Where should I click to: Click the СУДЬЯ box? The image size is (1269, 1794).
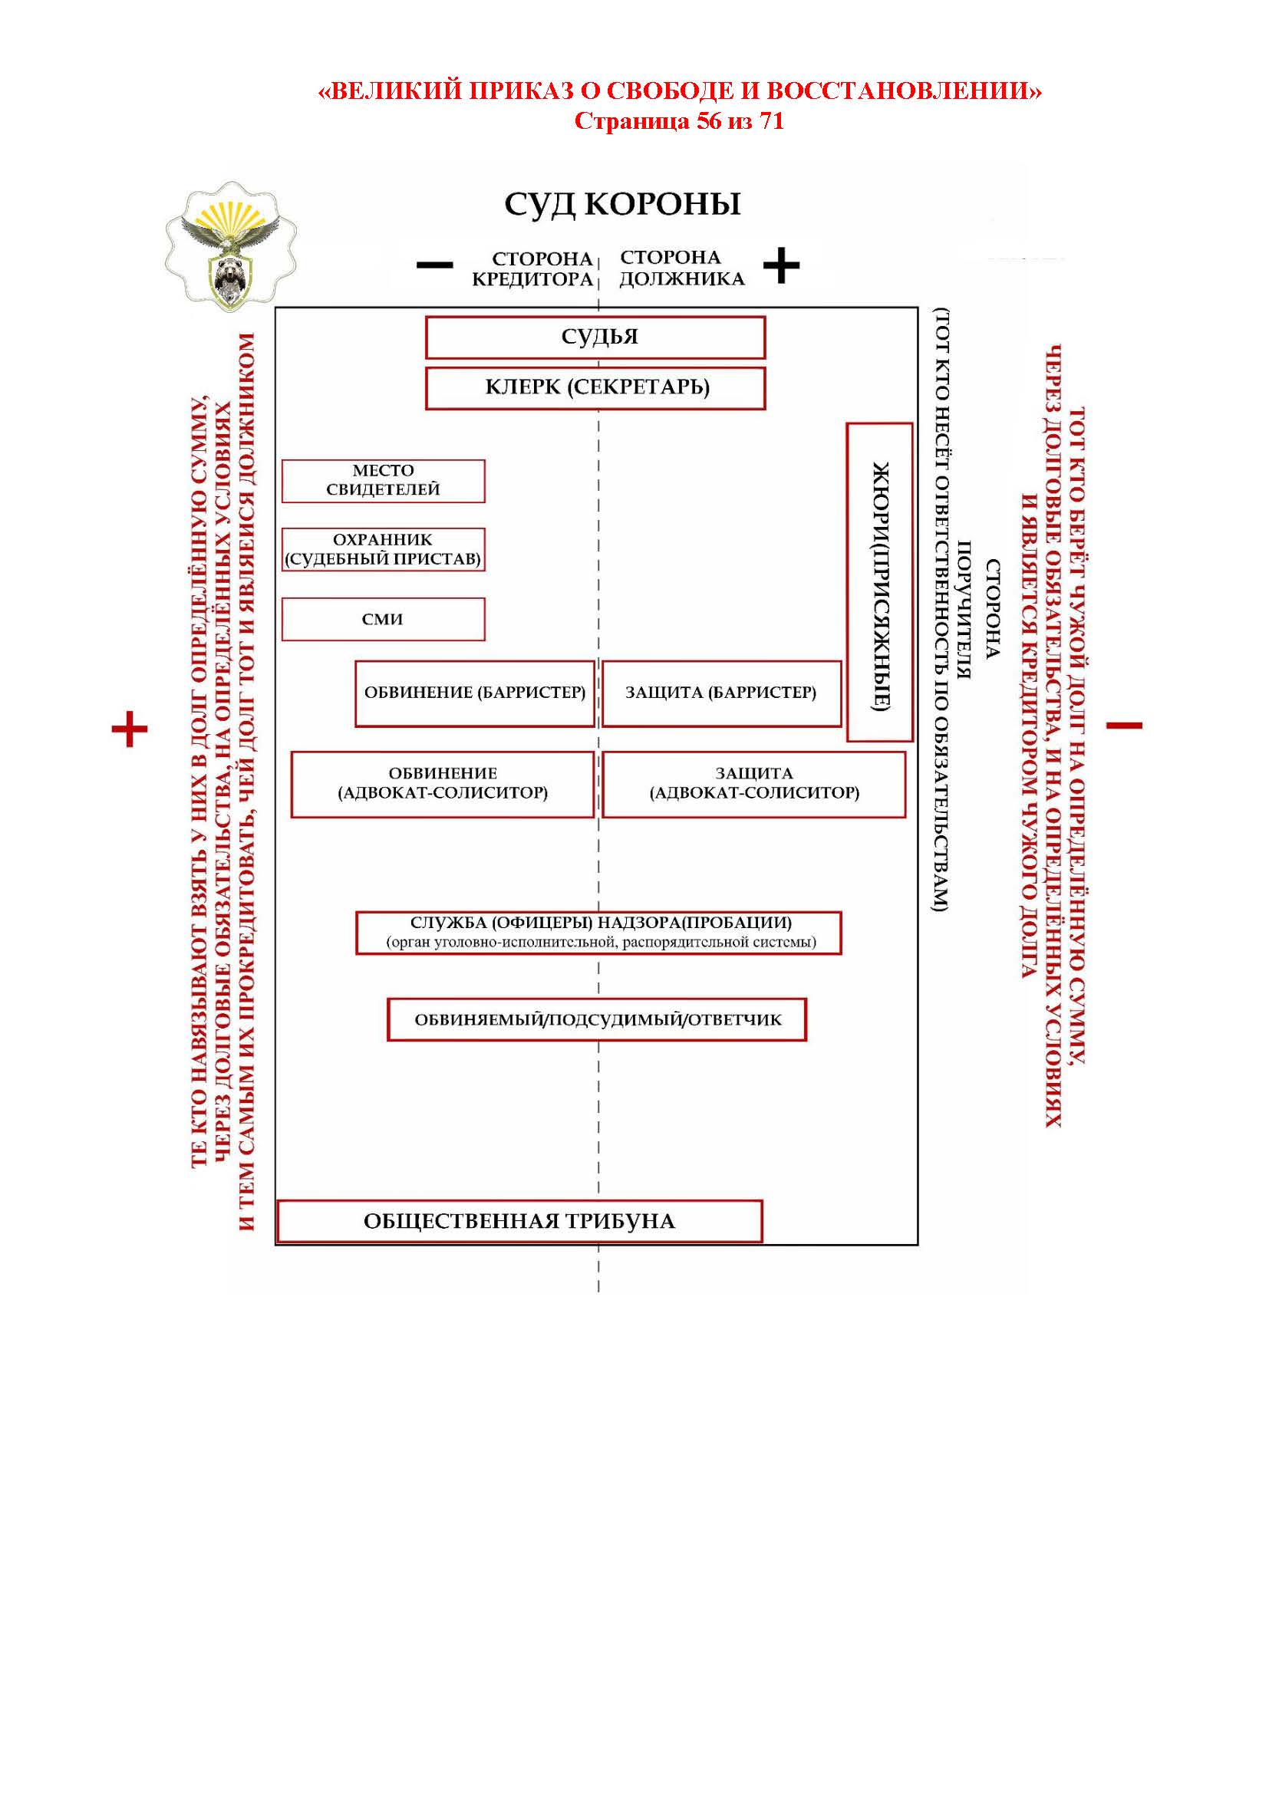tap(595, 337)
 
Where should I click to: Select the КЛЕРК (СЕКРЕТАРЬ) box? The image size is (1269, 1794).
tap(595, 388)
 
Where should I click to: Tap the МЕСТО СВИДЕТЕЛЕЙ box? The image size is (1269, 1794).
tap(383, 481)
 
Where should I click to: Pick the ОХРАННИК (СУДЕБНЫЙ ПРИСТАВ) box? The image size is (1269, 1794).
tap(383, 549)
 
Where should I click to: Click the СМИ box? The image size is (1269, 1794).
tap(383, 619)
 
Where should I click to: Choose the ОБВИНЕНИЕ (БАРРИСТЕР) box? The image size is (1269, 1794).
tap(474, 693)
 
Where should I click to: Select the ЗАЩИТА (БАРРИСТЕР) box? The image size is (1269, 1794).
tap(720, 693)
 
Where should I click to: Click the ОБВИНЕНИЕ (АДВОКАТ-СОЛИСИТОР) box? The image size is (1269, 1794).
tap(442, 784)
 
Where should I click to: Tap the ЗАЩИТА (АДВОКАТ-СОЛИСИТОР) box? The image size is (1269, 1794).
tap(753, 784)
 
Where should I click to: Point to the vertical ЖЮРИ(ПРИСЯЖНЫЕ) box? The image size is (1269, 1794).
tap(879, 582)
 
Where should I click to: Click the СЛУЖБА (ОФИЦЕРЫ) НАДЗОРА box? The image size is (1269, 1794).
tap(598, 932)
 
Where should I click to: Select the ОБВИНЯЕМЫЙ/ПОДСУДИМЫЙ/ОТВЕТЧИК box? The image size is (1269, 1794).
tap(596, 1019)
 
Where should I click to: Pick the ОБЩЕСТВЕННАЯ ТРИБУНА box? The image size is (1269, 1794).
tap(519, 1220)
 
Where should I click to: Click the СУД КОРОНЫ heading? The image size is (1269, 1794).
tap(622, 205)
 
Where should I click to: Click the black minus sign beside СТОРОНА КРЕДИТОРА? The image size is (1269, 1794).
tap(434, 265)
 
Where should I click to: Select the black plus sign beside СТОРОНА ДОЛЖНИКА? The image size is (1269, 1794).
tap(781, 265)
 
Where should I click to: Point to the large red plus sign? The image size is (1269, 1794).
tap(130, 729)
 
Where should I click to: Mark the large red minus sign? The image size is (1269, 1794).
tap(1125, 726)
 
